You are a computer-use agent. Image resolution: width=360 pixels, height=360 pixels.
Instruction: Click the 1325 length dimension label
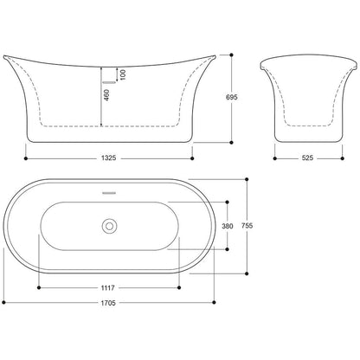(109, 158)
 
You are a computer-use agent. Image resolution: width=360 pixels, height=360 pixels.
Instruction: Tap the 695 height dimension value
(232, 97)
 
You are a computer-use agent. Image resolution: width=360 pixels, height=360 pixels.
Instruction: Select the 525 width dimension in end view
(307, 158)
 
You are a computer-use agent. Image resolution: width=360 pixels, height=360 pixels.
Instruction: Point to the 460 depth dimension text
(106, 95)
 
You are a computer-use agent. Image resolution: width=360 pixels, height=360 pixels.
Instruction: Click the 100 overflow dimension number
(123, 74)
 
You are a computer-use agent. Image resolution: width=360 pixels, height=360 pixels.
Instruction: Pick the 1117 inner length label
(108, 287)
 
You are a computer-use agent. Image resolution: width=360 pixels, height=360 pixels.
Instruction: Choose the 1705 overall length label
(108, 303)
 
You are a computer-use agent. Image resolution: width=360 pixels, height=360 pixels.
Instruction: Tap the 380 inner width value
(228, 226)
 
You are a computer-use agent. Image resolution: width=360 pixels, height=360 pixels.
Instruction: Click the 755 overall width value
(247, 226)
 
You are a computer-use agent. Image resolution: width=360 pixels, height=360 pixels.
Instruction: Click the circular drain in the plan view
(109, 226)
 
